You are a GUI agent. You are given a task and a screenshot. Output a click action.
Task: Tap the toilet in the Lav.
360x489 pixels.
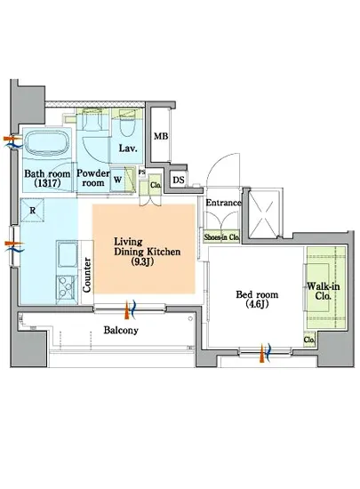click(127, 126)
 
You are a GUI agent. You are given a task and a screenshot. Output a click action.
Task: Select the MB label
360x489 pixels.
click(161, 136)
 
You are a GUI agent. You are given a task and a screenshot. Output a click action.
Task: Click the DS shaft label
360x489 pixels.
click(179, 180)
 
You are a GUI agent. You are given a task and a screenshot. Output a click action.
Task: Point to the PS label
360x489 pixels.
click(142, 172)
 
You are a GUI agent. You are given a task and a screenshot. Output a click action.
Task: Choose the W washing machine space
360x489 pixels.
click(118, 180)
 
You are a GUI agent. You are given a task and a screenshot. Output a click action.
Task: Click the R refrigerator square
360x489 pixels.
click(32, 210)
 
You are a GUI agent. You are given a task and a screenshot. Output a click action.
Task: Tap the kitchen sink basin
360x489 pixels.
click(67, 255)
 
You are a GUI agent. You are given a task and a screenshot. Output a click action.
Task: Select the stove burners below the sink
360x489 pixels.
click(67, 290)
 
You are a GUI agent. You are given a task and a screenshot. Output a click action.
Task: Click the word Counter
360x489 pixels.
click(87, 275)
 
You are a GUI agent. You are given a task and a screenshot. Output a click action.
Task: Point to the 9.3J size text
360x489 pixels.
click(142, 262)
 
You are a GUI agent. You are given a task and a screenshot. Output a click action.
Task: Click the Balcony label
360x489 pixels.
click(121, 330)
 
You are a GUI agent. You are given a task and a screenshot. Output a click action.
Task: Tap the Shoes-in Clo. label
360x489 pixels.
click(221, 237)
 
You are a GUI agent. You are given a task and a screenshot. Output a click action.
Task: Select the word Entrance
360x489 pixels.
click(223, 203)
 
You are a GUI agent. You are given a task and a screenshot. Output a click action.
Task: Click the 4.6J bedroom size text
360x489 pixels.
click(257, 304)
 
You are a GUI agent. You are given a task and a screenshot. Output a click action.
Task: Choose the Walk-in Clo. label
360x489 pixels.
click(323, 291)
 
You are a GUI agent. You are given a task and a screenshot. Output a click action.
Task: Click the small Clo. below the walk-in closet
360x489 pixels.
click(309, 340)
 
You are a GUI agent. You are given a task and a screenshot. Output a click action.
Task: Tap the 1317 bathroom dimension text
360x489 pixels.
click(47, 183)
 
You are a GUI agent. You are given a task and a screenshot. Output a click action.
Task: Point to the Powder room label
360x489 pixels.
click(93, 178)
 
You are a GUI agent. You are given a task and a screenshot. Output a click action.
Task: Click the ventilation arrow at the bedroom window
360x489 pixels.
click(266, 352)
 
